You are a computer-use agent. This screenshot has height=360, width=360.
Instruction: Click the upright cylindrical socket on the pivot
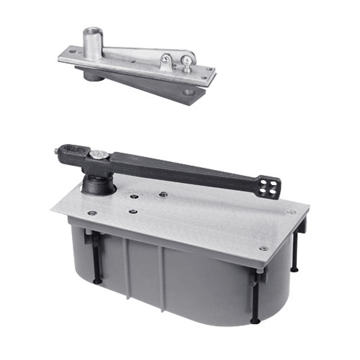[x=92, y=42]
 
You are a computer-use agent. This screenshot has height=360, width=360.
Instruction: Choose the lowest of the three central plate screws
[x=132, y=211]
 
